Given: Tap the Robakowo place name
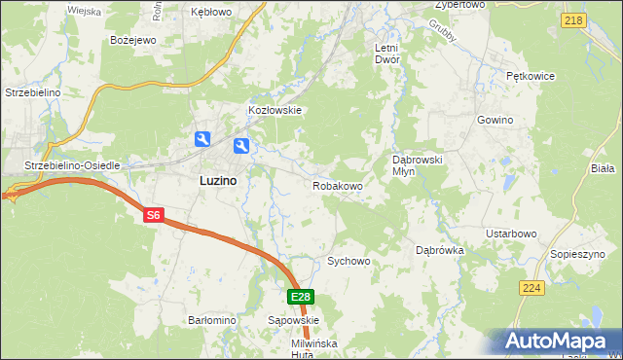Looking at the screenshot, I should click(338, 185).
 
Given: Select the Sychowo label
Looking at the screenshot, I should click(348, 261).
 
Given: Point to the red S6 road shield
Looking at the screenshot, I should click(153, 216).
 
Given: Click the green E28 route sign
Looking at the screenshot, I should click(301, 297).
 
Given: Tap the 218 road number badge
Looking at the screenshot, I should click(573, 20).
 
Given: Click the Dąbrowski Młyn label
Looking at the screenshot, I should click(418, 164).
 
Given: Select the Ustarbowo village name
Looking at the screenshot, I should click(512, 234).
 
